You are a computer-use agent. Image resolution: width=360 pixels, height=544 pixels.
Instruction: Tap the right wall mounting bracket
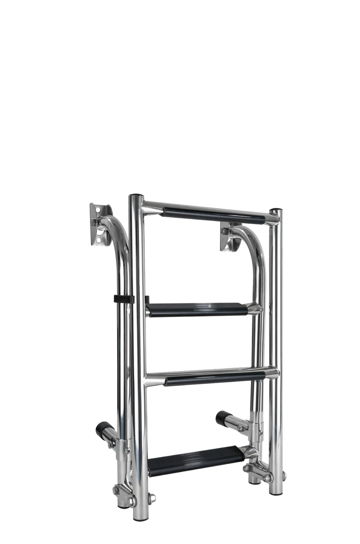[x=228, y=237]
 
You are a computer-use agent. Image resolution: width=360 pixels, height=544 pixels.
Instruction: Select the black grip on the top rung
[x=215, y=215]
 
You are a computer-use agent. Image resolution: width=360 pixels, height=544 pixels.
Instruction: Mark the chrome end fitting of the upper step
[x=254, y=309]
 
